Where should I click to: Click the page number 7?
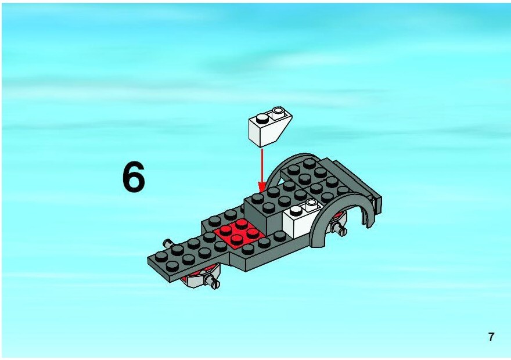pos(491,337)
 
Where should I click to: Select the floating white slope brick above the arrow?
pos(270,127)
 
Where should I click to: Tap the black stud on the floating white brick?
pos(262,118)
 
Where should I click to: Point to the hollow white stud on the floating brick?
pos(278,112)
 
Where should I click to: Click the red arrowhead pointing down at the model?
pos(262,188)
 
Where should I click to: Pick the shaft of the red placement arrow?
pos(262,166)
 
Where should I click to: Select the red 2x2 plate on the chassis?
pos(239,233)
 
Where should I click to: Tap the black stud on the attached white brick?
pos(296,211)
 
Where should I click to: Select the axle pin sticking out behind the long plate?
pos(168,243)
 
